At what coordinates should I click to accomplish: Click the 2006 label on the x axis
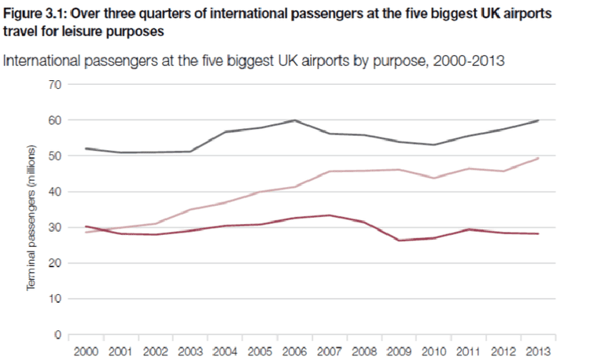tap(294, 351)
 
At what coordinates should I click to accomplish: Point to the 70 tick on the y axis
tap(54, 84)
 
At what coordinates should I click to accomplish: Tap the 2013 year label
tap(537, 351)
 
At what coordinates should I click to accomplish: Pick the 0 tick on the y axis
tap(57, 335)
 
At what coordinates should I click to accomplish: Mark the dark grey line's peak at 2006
tap(294, 120)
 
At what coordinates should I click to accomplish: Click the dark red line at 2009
tap(399, 241)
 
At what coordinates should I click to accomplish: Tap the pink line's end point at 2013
tap(537, 159)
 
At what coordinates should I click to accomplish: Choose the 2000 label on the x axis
tap(86, 351)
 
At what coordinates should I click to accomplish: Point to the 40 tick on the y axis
tap(54, 192)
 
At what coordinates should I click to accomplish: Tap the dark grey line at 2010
tap(433, 145)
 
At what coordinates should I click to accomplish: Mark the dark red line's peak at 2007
tap(329, 215)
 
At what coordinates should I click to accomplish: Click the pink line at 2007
tap(329, 171)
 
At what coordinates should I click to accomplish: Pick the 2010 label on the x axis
tap(433, 351)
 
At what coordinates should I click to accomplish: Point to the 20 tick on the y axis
tap(54, 263)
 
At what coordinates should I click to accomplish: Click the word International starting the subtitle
tap(43, 60)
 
